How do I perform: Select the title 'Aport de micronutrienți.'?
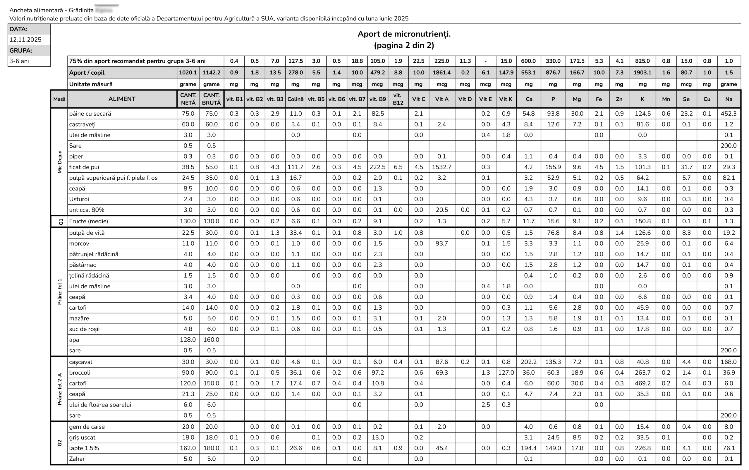[x=404, y=34]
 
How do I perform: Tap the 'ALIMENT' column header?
[x=121, y=99]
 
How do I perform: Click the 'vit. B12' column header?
[x=398, y=99]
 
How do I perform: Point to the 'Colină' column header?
[x=295, y=99]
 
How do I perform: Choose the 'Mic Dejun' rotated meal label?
[x=60, y=162]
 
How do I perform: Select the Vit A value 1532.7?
[x=441, y=167]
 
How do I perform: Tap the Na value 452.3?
[x=728, y=114]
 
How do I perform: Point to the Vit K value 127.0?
[x=506, y=372]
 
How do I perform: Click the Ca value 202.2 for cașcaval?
[x=528, y=362]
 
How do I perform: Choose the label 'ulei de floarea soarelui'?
[x=100, y=404]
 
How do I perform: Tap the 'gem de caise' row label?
[x=87, y=426]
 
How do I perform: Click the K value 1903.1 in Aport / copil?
[x=642, y=72]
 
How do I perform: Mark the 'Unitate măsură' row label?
[x=91, y=84]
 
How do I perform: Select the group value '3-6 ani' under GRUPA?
[x=19, y=61]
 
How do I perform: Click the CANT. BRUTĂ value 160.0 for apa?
[x=211, y=339]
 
